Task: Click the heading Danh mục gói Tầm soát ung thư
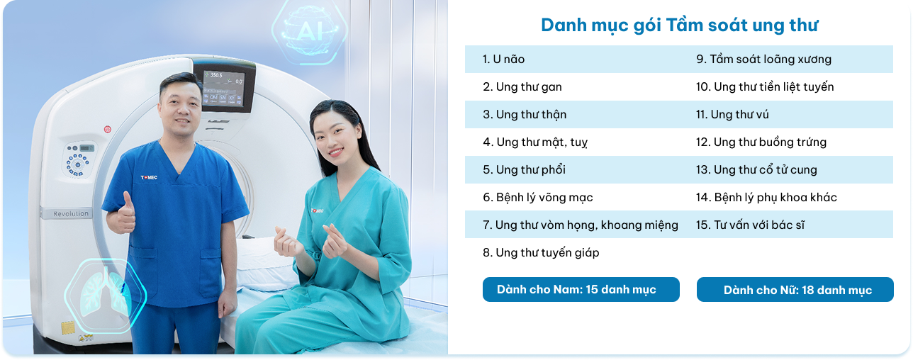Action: (x=679, y=26)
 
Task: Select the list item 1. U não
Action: (x=504, y=60)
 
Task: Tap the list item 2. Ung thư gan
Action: (x=522, y=87)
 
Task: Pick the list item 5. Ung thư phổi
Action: (x=524, y=170)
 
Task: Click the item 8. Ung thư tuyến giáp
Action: (x=542, y=253)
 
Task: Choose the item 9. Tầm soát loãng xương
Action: (x=763, y=60)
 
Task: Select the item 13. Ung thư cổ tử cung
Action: (x=756, y=170)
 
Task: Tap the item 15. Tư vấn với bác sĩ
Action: (x=750, y=225)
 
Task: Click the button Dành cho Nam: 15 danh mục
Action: (x=581, y=289)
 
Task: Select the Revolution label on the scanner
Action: (x=71, y=213)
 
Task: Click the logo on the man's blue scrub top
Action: (x=149, y=177)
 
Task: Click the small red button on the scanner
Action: (x=108, y=130)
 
